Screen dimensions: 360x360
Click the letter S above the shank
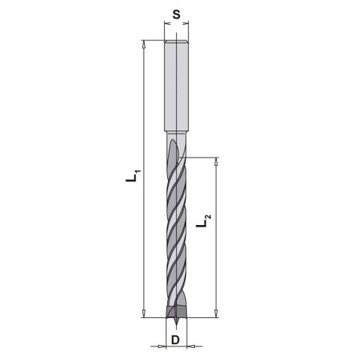[175, 13]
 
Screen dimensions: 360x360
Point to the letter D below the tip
[175, 340]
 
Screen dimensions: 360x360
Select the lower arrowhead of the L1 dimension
[142, 314]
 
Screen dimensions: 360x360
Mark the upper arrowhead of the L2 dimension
[217, 160]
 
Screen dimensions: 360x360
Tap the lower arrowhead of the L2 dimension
[217, 314]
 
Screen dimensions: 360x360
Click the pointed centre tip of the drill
[175, 325]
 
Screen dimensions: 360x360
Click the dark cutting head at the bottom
[175, 311]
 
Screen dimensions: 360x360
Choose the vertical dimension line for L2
[217, 262]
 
